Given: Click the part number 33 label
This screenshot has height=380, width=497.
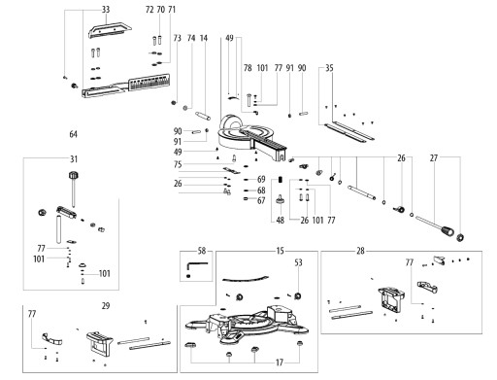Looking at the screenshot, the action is point(106,10).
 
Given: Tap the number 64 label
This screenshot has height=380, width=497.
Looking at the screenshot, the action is point(74,134).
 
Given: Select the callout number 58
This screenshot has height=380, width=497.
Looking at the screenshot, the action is point(202,251).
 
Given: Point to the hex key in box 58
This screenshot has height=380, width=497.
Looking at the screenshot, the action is point(196,266).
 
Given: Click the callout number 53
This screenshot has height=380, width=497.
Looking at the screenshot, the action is point(299,262).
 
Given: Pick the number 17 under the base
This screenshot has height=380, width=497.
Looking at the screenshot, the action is point(280,363).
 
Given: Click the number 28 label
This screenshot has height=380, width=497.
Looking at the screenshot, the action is point(360,251).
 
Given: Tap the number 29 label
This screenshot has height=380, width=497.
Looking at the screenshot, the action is point(106,306).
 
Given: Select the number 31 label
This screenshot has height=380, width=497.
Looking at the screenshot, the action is point(74,159).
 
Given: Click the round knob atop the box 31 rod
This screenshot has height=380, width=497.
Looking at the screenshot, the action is point(74,175).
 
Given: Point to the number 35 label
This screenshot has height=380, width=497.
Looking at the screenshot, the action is point(329,68).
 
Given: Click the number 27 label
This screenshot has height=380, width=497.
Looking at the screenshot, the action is point(434,158).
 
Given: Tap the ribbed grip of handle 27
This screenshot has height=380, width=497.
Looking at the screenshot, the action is point(447,230).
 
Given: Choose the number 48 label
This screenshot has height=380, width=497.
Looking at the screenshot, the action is point(281,221).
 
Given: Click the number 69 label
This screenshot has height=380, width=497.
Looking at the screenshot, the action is point(261,179).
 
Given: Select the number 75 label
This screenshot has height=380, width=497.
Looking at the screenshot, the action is point(178,164).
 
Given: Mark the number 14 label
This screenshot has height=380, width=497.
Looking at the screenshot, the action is point(204,38).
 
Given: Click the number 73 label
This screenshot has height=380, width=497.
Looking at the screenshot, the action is point(178,38).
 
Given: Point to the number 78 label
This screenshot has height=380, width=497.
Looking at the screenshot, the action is point(248,68).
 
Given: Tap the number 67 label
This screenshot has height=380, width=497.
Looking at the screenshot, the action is point(261,200).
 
